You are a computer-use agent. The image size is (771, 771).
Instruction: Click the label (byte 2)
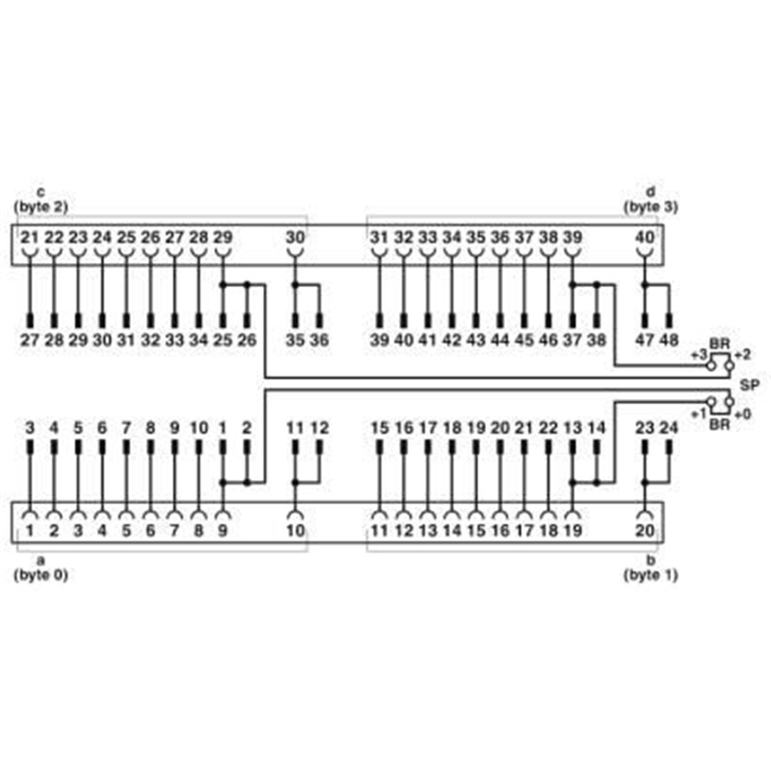[40, 207]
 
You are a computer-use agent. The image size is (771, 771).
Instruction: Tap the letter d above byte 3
[651, 192]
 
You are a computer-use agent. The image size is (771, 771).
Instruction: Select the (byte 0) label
[40, 574]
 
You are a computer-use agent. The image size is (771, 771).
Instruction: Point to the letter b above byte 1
[651, 560]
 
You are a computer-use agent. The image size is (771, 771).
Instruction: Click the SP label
[750, 385]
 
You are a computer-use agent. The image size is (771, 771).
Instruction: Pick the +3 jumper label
[699, 355]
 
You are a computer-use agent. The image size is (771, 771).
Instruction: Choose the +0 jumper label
[743, 414]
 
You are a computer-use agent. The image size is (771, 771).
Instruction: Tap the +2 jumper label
[742, 355]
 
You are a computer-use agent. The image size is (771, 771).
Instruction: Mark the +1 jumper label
[699, 413]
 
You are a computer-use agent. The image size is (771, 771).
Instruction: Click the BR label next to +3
[720, 344]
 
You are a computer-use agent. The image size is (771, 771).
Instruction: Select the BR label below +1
[720, 424]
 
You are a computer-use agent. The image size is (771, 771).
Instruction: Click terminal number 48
[669, 340]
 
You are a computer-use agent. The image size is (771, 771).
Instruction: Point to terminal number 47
[645, 340]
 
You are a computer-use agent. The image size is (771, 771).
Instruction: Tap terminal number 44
[500, 340]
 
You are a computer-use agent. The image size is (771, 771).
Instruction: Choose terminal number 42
[452, 340]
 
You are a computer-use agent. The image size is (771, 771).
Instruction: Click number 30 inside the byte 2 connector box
[295, 237]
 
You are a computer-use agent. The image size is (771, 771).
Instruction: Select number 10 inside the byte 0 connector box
[295, 531]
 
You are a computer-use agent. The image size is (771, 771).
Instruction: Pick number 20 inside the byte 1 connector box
[645, 531]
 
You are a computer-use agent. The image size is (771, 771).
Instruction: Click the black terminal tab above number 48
[669, 321]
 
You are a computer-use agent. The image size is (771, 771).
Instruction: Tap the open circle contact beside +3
[711, 366]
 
